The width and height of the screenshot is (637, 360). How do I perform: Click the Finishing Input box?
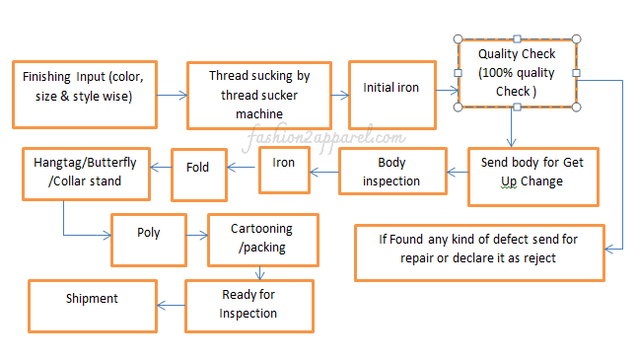pyautogui.click(x=84, y=94)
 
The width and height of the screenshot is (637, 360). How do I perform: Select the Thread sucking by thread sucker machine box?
pyautogui.click(x=259, y=95)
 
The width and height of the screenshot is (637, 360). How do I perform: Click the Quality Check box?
pyautogui.click(x=517, y=73)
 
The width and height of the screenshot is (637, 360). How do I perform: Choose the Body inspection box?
pyautogui.click(x=390, y=173)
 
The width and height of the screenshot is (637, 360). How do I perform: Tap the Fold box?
pyautogui.click(x=198, y=169)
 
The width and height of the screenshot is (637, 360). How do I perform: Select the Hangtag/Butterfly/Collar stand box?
pyautogui.click(x=86, y=175)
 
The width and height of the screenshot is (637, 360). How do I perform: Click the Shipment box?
pyautogui.click(x=92, y=300)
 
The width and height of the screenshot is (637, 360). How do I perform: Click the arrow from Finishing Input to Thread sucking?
pyautogui.click(x=172, y=96)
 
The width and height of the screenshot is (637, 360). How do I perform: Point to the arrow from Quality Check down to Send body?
pyautogui.click(x=510, y=126)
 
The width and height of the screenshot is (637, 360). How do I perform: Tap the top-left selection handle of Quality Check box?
pyautogui.click(x=459, y=38)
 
